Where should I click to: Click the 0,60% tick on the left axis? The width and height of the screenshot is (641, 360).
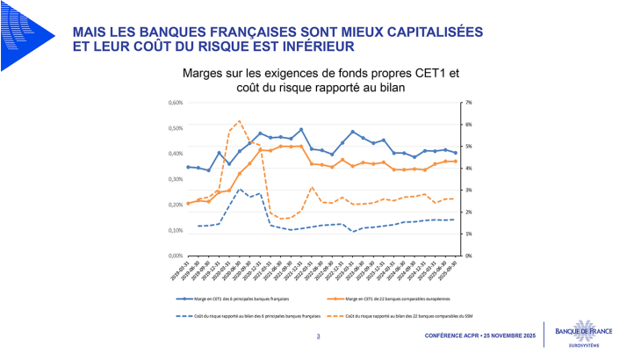(175, 103)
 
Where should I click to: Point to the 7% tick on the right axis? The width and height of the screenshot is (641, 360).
(469, 103)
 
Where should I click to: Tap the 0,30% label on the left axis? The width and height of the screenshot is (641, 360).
(175, 179)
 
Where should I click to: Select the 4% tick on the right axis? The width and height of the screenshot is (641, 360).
(469, 169)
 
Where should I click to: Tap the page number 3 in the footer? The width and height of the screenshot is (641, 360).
(317, 336)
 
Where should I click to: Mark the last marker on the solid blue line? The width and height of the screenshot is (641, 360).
(455, 153)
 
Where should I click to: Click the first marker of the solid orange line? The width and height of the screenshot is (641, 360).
(188, 204)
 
